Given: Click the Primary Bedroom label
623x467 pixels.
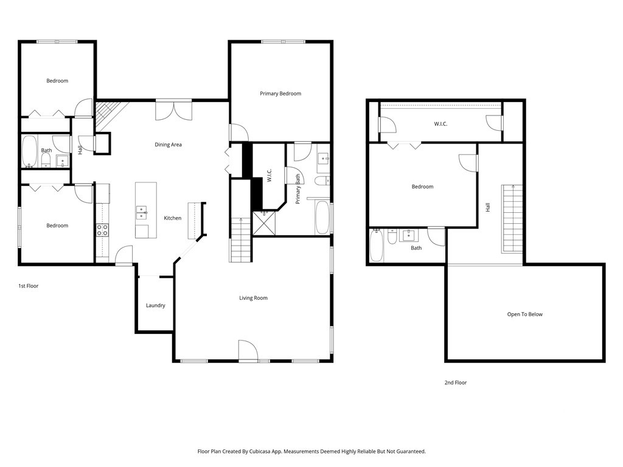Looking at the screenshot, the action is click(x=280, y=94).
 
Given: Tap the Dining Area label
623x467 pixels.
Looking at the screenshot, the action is click(x=168, y=145).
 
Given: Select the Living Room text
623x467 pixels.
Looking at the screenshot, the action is click(x=253, y=298).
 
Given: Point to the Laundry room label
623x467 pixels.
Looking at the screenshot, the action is click(x=155, y=305).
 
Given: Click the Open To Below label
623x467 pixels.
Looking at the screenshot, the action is click(x=525, y=314).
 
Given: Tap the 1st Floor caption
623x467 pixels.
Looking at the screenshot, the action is click(x=28, y=286).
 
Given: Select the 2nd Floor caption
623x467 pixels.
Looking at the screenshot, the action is click(x=455, y=382).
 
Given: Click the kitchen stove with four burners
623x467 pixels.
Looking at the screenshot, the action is click(x=102, y=230).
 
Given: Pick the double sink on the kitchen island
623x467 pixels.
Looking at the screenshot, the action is click(x=141, y=213).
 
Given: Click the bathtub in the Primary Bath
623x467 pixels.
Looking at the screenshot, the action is click(x=322, y=218).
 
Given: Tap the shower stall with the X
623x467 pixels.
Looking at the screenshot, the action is click(x=264, y=224).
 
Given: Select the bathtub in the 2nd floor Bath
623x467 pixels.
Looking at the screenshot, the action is click(x=377, y=246).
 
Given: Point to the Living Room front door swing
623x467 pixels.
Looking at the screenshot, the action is click(x=248, y=350).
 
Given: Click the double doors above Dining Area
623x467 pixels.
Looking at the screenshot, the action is click(x=173, y=111).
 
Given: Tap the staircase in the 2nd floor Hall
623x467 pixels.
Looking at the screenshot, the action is click(x=512, y=218).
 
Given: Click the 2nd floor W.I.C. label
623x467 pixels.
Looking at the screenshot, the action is click(x=440, y=124).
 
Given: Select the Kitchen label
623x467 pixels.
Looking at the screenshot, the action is click(x=172, y=218).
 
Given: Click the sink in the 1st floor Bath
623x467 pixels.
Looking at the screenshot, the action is click(x=63, y=161).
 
